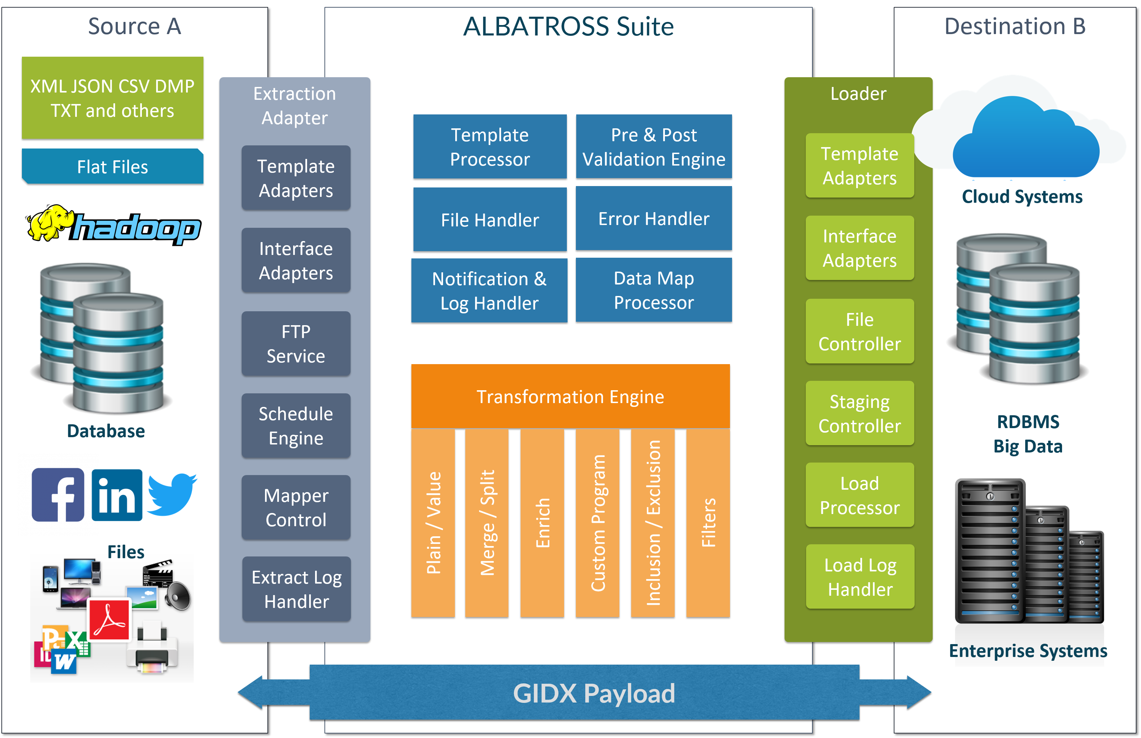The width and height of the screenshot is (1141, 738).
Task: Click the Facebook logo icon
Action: click(x=58, y=495)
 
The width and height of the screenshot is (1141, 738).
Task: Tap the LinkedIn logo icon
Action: click(x=117, y=495)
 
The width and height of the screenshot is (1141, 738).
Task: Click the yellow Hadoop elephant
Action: click(x=47, y=223)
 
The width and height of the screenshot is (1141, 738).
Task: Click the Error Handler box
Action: click(x=654, y=218)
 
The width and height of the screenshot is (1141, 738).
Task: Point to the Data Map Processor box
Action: click(x=654, y=290)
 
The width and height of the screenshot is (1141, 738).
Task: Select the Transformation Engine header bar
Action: click(x=570, y=396)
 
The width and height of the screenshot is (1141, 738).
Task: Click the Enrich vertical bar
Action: click(x=542, y=523)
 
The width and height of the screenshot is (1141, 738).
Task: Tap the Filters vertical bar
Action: click(x=708, y=523)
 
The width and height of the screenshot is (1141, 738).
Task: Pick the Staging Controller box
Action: click(x=860, y=413)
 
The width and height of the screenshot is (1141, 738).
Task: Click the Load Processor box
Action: click(x=860, y=495)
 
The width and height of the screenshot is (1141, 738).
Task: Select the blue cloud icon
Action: click(x=1026, y=139)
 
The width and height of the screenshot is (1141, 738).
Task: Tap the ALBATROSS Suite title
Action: click(x=568, y=26)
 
